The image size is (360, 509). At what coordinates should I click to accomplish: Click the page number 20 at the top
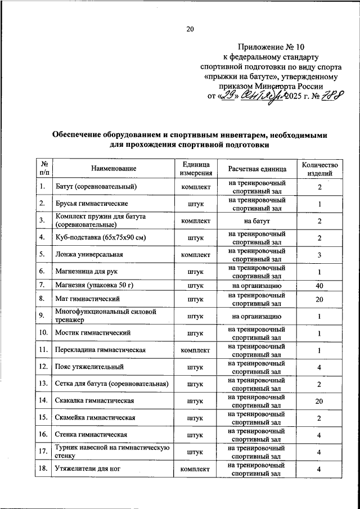tap(190, 29)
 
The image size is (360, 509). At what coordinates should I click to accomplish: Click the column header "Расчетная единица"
tap(257, 169)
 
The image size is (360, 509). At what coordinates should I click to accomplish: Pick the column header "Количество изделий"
tap(319, 169)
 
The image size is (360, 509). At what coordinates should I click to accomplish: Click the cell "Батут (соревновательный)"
tap(96, 187)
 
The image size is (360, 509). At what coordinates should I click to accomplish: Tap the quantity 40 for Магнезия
tap(319, 286)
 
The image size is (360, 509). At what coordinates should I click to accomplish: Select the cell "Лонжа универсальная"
tap(89, 254)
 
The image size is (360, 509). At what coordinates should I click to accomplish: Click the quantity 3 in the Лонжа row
tap(319, 254)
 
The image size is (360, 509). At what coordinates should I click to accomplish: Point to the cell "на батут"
tap(257, 220)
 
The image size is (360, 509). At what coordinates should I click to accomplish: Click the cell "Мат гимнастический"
tap(89, 299)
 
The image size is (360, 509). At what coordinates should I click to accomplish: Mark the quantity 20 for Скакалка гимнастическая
tap(319, 401)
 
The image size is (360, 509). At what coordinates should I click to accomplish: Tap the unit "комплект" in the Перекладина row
tap(195, 350)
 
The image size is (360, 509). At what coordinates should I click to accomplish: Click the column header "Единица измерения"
tap(195, 169)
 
